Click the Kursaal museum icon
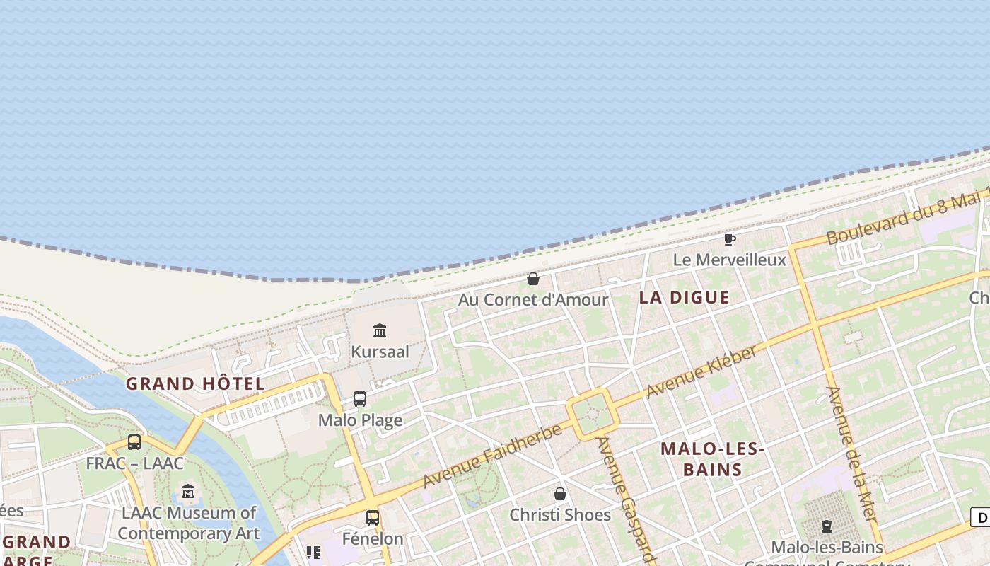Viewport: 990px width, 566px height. click(x=380, y=330)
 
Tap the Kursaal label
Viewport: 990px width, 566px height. click(x=380, y=351)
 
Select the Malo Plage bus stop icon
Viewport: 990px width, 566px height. click(x=360, y=399)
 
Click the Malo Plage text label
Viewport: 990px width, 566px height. click(x=360, y=420)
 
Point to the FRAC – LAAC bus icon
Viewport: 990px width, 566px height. click(x=134, y=442)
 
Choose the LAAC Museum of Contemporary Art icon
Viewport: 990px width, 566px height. click(x=188, y=491)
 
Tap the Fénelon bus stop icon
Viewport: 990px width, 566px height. click(x=373, y=517)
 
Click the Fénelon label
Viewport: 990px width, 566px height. click(x=373, y=538)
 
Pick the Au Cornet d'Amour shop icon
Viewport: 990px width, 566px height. click(x=533, y=279)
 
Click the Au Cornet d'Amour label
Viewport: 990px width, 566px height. click(x=533, y=299)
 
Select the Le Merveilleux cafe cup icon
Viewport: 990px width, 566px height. click(x=730, y=239)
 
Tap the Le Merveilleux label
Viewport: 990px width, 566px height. click(x=729, y=260)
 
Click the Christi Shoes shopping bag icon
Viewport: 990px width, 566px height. click(x=560, y=494)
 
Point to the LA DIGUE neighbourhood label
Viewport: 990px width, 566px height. click(x=684, y=297)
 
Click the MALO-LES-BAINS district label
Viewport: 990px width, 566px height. click(x=712, y=458)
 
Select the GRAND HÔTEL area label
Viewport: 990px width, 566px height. click(x=195, y=384)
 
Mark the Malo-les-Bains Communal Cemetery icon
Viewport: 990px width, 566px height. click(x=827, y=526)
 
